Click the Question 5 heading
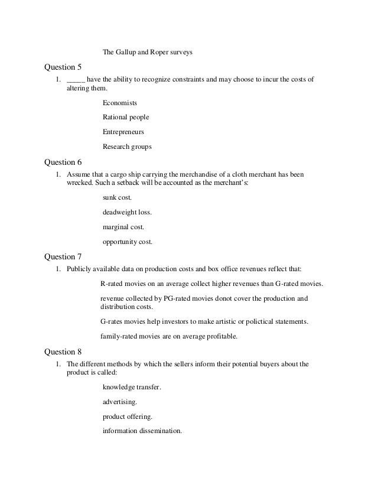point(64,67)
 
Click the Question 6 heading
point(64,162)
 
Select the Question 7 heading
point(64,257)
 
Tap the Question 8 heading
point(64,352)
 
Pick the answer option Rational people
point(126,117)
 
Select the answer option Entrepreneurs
point(123,132)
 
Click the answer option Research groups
point(127,146)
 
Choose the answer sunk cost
point(118,198)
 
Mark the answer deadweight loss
point(123,212)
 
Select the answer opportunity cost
point(128,241)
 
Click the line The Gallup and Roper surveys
point(148,53)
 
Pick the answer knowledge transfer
point(132,388)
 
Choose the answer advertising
point(120,402)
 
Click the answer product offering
point(126,417)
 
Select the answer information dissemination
point(142,431)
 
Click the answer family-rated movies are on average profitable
point(169,336)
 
